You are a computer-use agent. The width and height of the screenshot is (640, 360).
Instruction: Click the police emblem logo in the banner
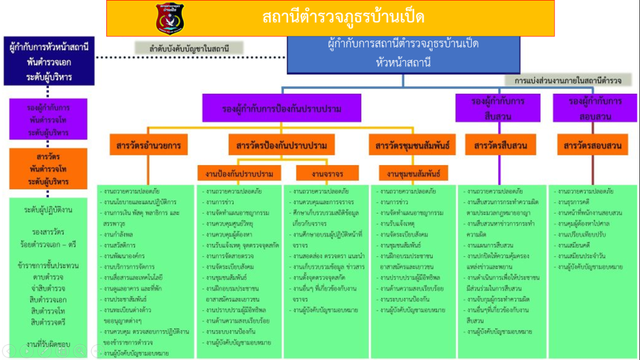point(170,18)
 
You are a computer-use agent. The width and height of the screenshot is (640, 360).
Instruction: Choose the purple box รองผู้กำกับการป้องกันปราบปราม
point(282,108)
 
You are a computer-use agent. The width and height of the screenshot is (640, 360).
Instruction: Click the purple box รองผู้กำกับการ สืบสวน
point(499,107)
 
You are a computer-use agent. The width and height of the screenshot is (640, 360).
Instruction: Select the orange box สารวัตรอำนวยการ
point(148,146)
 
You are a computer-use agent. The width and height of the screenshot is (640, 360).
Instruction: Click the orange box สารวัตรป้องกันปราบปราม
point(282,146)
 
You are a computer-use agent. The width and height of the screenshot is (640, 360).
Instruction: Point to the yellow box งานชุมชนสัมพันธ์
point(413,172)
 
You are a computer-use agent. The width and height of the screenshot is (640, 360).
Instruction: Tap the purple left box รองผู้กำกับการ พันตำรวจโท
point(48,117)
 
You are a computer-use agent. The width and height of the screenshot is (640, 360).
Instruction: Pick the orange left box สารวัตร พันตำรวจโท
point(48,168)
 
